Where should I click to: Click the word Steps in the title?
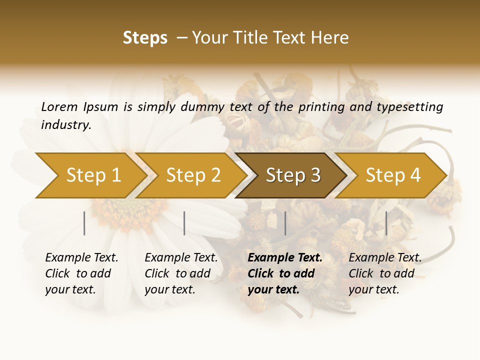coord(145,38)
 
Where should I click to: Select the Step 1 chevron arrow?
coord(90,175)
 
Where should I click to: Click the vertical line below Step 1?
coord(84,223)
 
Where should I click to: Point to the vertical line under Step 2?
coord(184,223)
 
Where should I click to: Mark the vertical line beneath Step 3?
coord(285,223)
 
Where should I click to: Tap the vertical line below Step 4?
coord(386,223)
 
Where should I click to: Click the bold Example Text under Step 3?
coord(285,273)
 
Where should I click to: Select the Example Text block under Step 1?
coord(81,273)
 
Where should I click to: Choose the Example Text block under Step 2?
coord(181,273)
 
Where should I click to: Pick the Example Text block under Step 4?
coord(385,273)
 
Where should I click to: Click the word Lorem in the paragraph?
coord(59,106)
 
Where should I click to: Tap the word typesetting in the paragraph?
coord(409,107)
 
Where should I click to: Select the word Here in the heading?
coord(332,38)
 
